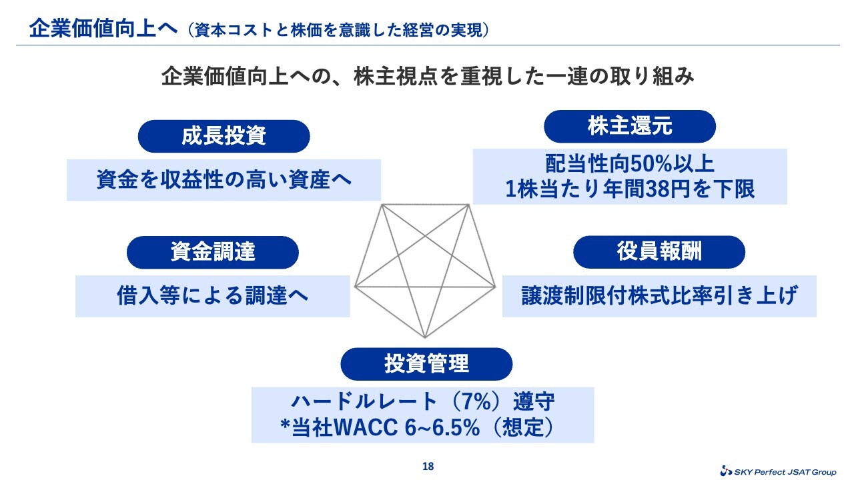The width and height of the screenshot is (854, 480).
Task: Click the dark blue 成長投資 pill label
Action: pos(224,137)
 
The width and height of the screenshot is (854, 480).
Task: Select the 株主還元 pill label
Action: pos(630,127)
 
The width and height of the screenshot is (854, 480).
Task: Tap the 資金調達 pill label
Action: pos(213,252)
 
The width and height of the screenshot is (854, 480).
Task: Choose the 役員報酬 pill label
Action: pos(659,252)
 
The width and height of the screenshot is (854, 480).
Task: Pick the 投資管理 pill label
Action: pos(426,364)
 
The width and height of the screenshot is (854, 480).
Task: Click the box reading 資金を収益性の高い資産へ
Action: pos(224,180)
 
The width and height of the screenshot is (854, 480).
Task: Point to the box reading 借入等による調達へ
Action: pos(213,297)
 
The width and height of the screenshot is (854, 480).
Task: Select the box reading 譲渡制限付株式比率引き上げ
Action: pos(659,296)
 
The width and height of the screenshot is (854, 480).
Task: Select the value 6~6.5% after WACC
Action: pos(442,427)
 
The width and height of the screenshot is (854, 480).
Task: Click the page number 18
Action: pos(428,466)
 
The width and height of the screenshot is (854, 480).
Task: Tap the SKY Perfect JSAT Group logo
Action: pos(778,471)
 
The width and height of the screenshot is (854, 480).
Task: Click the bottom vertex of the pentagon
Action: pos(425,337)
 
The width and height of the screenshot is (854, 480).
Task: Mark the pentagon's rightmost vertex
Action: pos(495,287)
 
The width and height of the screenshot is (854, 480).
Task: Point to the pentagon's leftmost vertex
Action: pos(355,286)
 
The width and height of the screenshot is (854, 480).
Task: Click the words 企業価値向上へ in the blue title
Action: pos(103,29)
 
